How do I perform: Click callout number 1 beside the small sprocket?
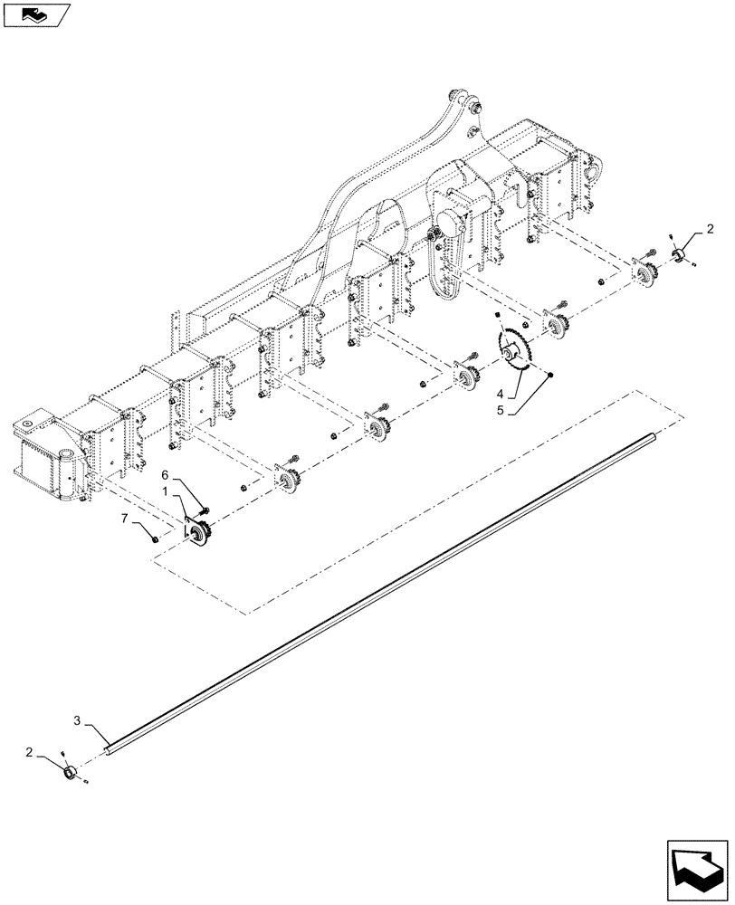coord(165,490)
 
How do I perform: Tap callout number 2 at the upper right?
coord(711,228)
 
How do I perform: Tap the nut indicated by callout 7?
coord(156,538)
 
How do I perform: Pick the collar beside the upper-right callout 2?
coord(677,253)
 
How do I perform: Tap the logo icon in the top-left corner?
coord(36,14)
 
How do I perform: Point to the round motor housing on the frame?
coord(450,220)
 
